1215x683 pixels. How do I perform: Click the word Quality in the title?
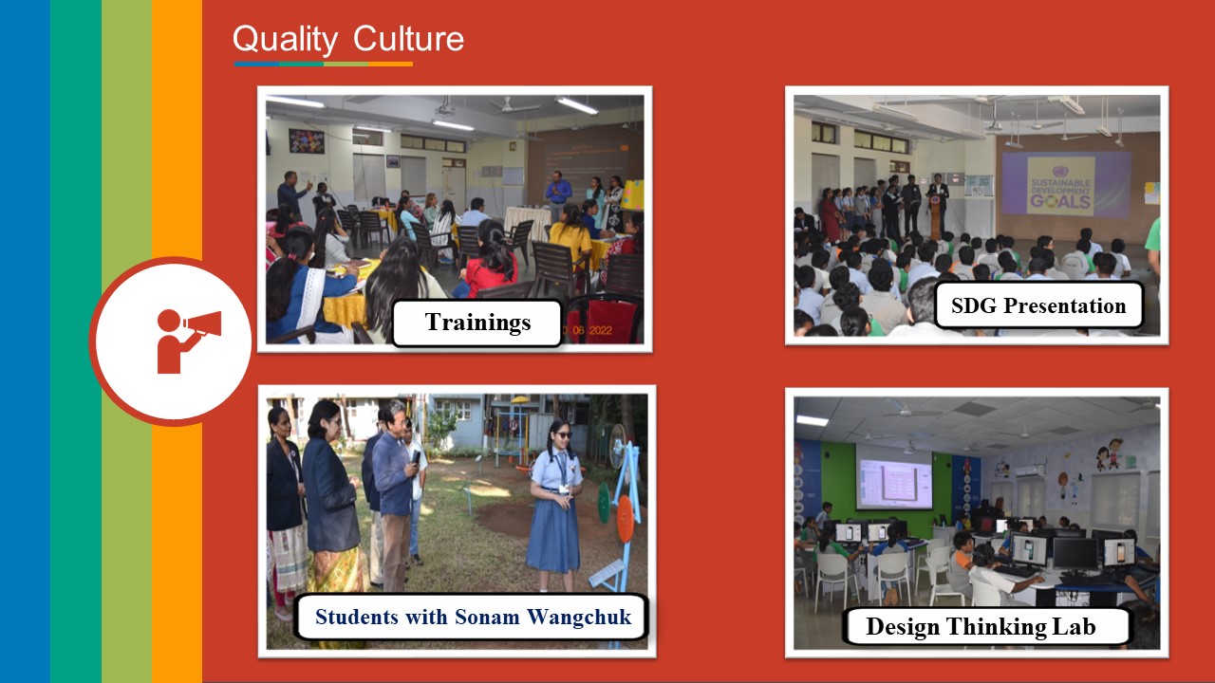(285, 39)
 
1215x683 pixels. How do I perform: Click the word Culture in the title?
(408, 39)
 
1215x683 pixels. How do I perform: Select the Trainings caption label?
(477, 323)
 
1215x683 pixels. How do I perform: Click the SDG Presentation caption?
(1038, 305)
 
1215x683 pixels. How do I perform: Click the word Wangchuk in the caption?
(579, 617)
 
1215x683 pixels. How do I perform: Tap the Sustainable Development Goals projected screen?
(1060, 184)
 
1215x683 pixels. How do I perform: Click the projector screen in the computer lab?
(894, 477)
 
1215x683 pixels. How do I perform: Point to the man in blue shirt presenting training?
(558, 196)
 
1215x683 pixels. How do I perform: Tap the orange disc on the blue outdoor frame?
(625, 518)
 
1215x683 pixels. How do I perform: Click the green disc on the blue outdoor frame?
(604, 503)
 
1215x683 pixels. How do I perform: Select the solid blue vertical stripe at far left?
(25, 341)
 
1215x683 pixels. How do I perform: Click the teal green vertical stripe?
(76, 341)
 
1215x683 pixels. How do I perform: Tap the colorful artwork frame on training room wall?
(307, 141)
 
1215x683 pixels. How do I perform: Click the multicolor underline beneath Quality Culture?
(324, 64)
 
